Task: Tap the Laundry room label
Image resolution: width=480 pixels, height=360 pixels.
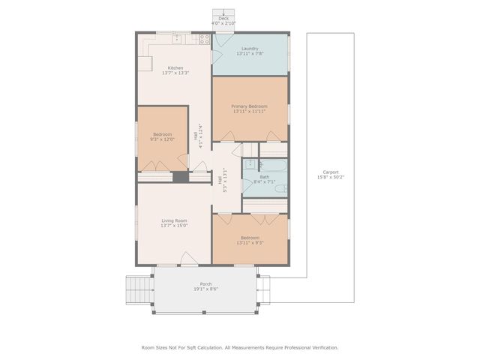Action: (x=250, y=49)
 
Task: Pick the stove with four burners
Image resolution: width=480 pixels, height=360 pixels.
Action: (x=203, y=39)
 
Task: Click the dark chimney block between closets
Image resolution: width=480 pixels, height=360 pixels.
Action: (x=180, y=177)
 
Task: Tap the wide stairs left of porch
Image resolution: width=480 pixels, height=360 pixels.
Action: (x=137, y=289)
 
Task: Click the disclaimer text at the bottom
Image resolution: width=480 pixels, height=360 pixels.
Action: (x=240, y=347)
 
